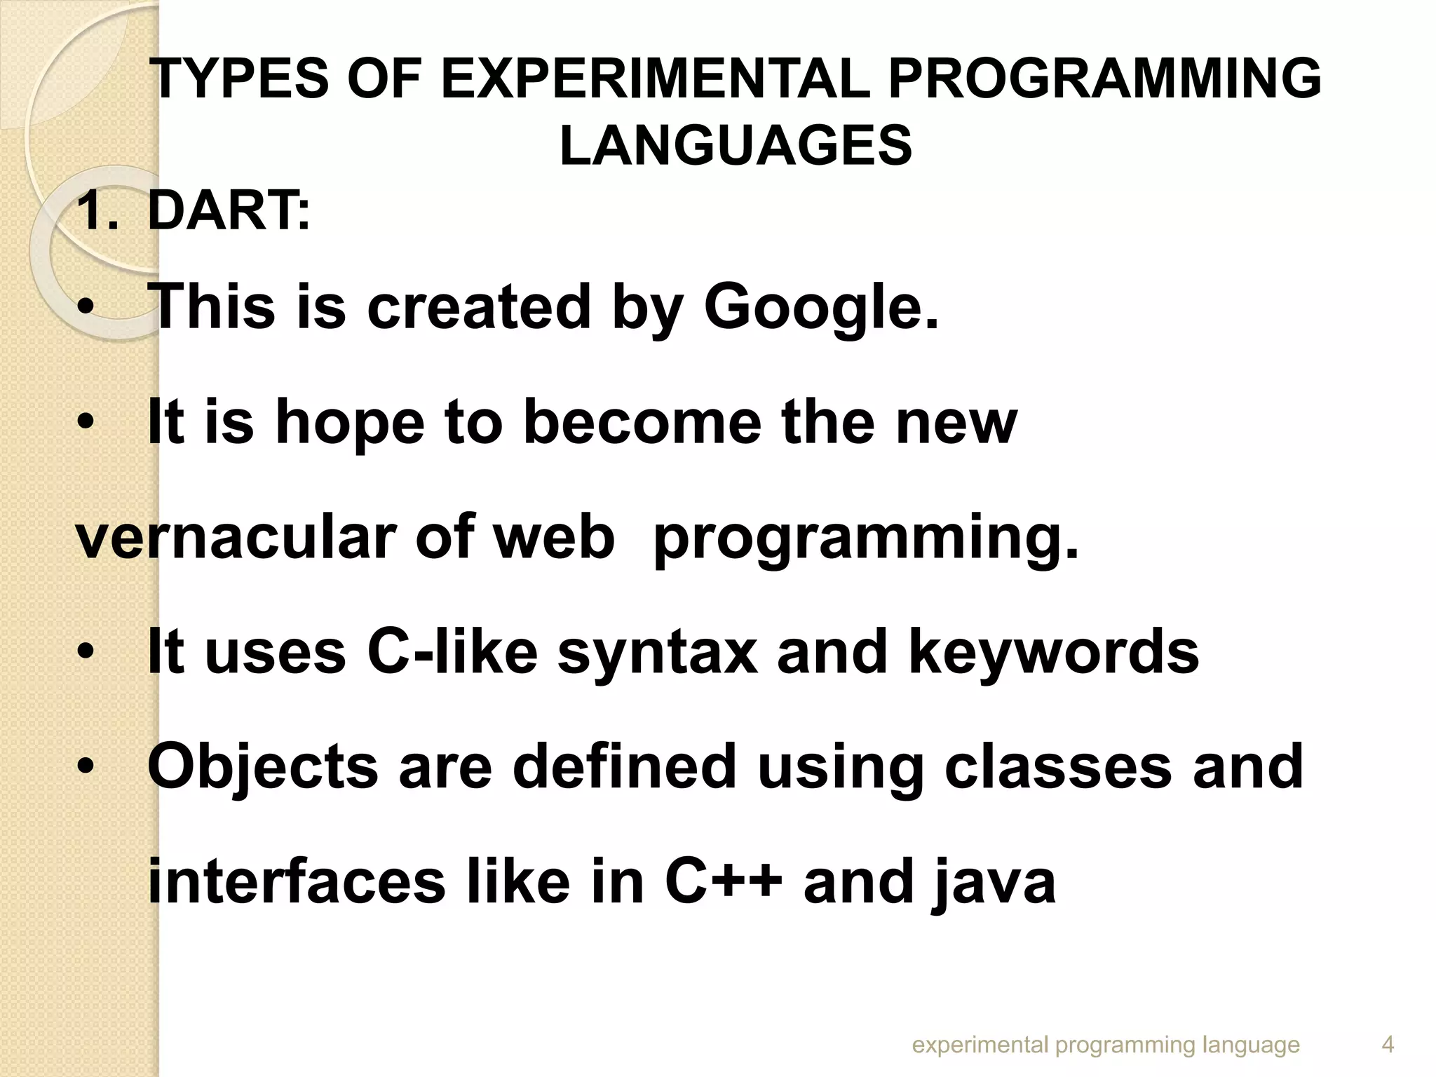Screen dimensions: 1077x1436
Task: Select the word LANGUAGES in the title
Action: pyautogui.click(x=736, y=146)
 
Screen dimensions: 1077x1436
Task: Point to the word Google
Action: pyautogui.click(x=820, y=307)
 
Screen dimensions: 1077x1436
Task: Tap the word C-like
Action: pyautogui.click(x=452, y=652)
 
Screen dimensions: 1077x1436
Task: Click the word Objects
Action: pyautogui.click(x=262, y=766)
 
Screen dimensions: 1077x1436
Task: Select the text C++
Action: pyautogui.click(x=723, y=881)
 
